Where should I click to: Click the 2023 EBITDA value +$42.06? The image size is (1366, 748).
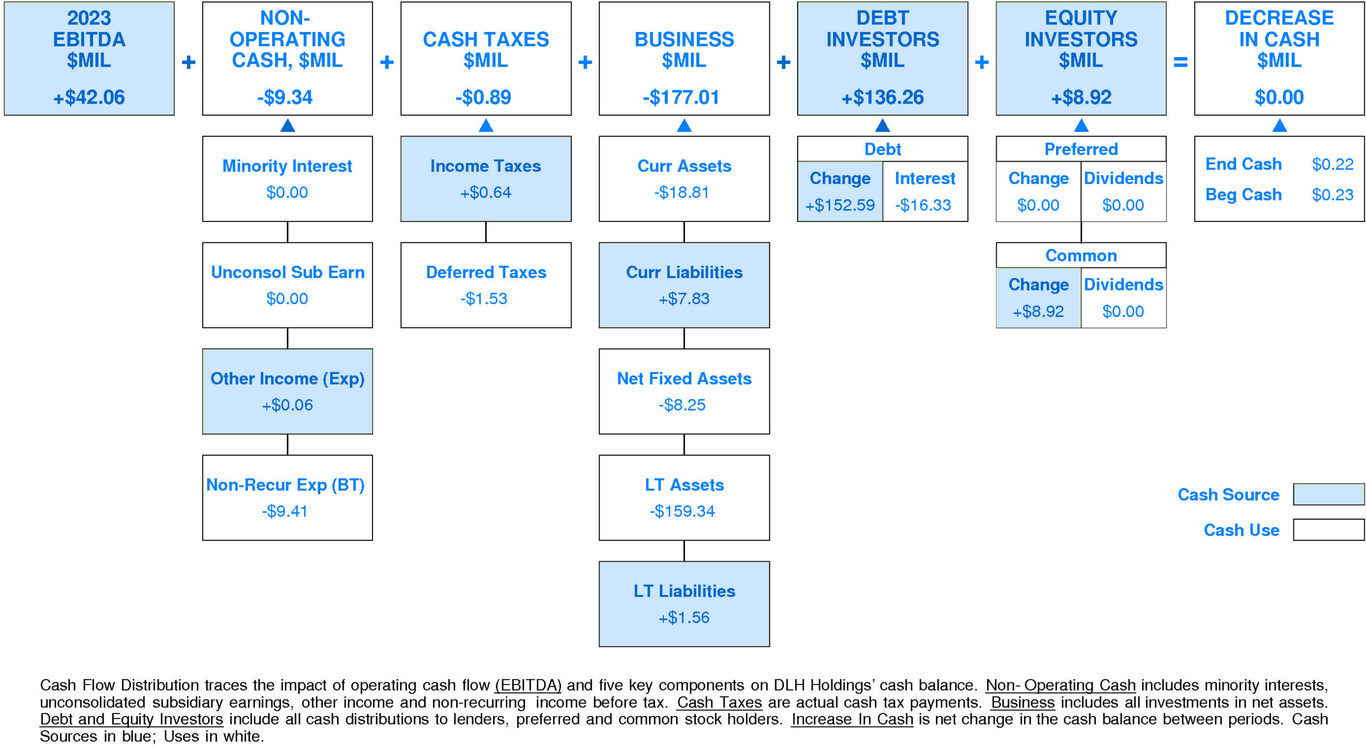click(89, 97)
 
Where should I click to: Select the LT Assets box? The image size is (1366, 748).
click(684, 497)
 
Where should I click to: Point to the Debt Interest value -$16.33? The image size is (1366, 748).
click(923, 205)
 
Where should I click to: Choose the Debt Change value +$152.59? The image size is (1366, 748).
click(840, 205)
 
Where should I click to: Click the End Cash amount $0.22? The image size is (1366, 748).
click(1332, 164)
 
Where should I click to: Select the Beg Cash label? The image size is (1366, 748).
click(1243, 195)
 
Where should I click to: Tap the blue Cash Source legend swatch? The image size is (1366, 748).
click(1328, 494)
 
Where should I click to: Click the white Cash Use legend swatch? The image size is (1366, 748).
click(1328, 529)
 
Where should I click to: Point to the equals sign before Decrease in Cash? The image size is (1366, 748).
click(1180, 62)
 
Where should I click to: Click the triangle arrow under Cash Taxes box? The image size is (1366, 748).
click(486, 125)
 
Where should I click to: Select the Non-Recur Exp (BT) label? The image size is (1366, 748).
click(285, 484)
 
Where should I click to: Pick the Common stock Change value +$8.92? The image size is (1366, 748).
click(1038, 311)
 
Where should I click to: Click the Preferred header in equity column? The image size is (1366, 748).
click(1081, 149)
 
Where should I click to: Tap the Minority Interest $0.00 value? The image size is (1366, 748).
click(287, 192)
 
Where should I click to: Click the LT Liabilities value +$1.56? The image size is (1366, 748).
click(684, 617)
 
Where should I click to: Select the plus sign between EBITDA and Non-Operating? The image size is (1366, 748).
click(188, 62)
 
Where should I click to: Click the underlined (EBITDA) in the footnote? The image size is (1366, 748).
click(528, 685)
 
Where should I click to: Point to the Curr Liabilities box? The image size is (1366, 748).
click(684, 285)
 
